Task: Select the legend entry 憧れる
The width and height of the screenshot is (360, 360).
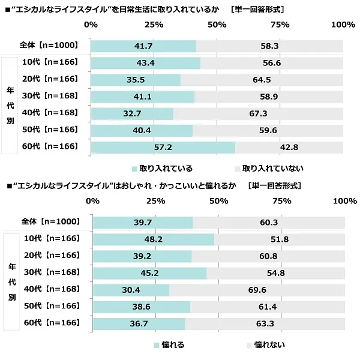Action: click(x=170, y=345)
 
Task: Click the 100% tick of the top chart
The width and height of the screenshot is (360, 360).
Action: click(x=343, y=25)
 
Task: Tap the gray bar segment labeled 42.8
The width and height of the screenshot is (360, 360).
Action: click(x=289, y=147)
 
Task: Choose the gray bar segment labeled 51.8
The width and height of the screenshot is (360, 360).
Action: click(x=280, y=239)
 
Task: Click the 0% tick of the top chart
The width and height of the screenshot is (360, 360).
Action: click(x=91, y=25)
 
